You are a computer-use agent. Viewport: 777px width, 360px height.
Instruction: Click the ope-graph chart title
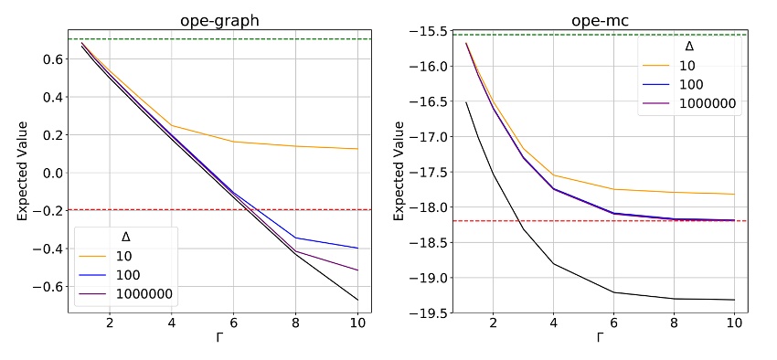[219, 13]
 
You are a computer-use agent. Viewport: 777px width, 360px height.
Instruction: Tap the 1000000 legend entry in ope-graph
[147, 294]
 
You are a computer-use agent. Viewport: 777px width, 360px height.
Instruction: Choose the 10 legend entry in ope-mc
[692, 65]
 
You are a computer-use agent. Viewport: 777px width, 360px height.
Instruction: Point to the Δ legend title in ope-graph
[125, 238]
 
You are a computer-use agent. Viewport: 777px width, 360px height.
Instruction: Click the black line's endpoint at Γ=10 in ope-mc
[734, 300]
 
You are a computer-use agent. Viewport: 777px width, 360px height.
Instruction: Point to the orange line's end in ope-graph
[357, 149]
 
